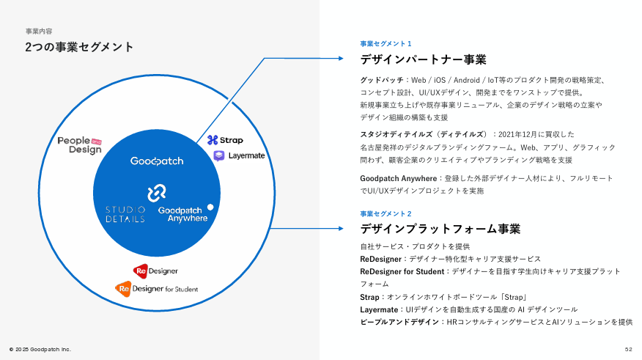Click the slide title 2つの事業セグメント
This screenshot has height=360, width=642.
(x=79, y=47)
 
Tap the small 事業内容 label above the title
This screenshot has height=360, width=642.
(x=39, y=32)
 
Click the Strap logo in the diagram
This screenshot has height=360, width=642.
(x=225, y=140)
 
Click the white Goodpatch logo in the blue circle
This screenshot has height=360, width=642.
(x=157, y=161)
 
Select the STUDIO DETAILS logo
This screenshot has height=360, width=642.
(x=125, y=214)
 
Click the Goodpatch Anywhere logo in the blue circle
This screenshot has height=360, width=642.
(x=183, y=214)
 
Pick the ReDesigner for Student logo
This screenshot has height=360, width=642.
(x=156, y=289)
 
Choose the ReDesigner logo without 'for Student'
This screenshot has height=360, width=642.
(x=155, y=271)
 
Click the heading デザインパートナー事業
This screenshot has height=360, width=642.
(x=423, y=60)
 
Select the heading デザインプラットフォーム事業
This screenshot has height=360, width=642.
(x=440, y=229)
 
